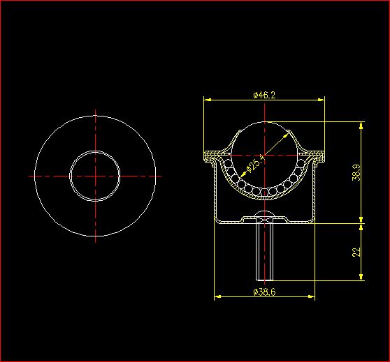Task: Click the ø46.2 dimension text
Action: click(264, 95)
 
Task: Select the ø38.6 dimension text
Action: click(264, 292)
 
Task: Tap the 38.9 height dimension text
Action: click(356, 172)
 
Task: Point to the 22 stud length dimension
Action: click(356, 252)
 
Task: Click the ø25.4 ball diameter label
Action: click(255, 164)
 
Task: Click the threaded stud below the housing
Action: click(265, 252)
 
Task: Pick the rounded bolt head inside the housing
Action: click(265, 213)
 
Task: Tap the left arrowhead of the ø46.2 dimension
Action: click(208, 100)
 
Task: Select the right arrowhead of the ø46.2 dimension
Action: click(321, 100)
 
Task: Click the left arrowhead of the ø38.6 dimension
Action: click(218, 296)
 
